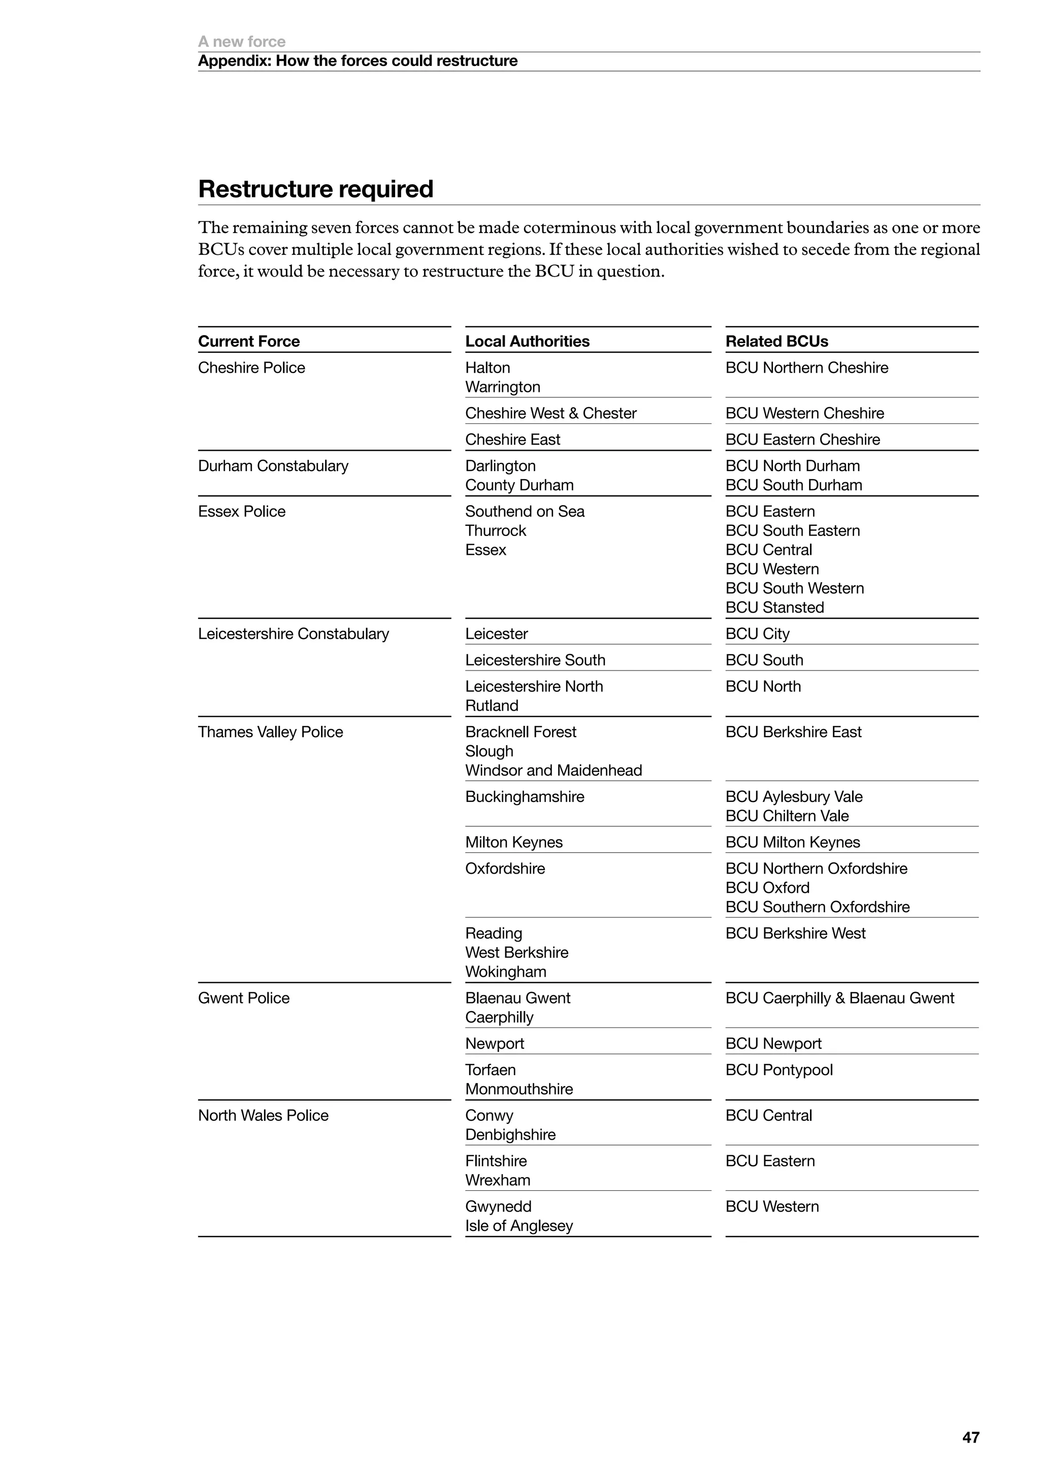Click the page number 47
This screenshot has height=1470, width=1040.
tap(970, 1438)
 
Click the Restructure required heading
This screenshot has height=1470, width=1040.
tap(316, 189)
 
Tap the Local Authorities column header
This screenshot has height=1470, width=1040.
tap(527, 341)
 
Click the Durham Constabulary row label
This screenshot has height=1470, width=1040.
tap(273, 465)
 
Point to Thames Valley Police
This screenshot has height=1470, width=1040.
tap(270, 732)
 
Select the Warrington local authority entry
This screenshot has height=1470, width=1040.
tap(503, 387)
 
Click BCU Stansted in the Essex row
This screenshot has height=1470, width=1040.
tap(774, 607)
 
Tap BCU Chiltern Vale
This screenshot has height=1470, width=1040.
tap(787, 816)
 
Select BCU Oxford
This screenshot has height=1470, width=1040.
tap(767, 887)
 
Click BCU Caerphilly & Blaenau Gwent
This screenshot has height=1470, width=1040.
tap(839, 998)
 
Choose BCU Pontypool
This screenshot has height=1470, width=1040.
tap(778, 1070)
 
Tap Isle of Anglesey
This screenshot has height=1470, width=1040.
tap(518, 1225)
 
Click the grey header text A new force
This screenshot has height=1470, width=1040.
tap(241, 42)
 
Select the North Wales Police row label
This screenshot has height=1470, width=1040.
tap(263, 1115)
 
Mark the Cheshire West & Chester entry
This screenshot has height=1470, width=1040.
tap(551, 413)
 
